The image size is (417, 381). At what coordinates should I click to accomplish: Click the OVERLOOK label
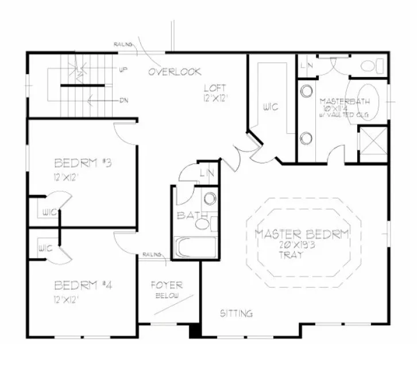tap(175, 72)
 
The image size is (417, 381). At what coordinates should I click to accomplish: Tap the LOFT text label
tap(215, 88)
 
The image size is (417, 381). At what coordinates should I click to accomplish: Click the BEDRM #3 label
tap(82, 162)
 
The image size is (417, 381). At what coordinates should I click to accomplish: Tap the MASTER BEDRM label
tap(302, 234)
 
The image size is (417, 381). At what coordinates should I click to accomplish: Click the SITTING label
tap(237, 313)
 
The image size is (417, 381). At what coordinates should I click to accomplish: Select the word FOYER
tap(167, 285)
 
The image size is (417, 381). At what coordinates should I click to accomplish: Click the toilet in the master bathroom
tap(374, 67)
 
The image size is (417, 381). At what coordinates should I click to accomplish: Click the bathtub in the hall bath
tap(195, 248)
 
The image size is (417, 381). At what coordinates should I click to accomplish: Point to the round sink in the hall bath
tap(210, 199)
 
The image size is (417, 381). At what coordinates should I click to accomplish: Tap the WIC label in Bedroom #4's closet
tap(46, 249)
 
